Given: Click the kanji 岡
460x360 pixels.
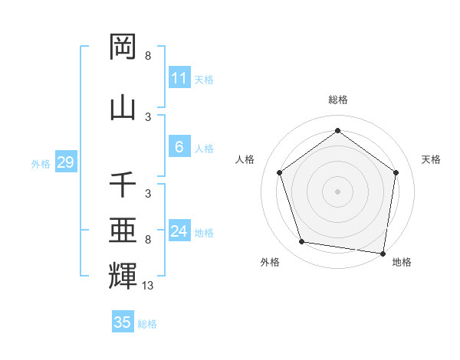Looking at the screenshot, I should pos(123,47).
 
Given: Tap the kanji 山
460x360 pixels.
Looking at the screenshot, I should pos(123,107).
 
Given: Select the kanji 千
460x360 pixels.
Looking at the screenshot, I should pos(123,185).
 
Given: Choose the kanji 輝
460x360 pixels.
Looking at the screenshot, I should pos(123,275).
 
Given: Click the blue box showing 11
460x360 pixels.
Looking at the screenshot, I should pos(179,78).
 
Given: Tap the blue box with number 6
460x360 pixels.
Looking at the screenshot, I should pos(179,148).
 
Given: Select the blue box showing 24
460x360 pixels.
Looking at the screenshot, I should pos(179,231).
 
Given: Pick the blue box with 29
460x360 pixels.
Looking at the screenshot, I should pos(65,163).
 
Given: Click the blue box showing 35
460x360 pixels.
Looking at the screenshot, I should pos(123,322).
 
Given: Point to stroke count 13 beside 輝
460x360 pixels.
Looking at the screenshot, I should pos(148,286).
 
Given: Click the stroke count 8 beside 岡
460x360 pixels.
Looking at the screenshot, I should pos(148,56).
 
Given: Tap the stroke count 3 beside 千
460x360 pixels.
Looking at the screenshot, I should pos(148,194).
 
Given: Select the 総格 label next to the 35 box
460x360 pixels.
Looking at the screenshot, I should pos(147,324).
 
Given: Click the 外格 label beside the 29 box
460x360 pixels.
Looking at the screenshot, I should pos(41,164).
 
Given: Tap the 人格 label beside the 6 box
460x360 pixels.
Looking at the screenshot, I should pos(204,149).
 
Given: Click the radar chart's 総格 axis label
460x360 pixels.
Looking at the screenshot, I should pos(337,100).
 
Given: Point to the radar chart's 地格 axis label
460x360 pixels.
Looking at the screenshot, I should pos(402,263).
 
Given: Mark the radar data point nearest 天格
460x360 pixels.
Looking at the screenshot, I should pos(396,172).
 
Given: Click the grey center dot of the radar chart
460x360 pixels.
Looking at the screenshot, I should pos(337,191).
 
